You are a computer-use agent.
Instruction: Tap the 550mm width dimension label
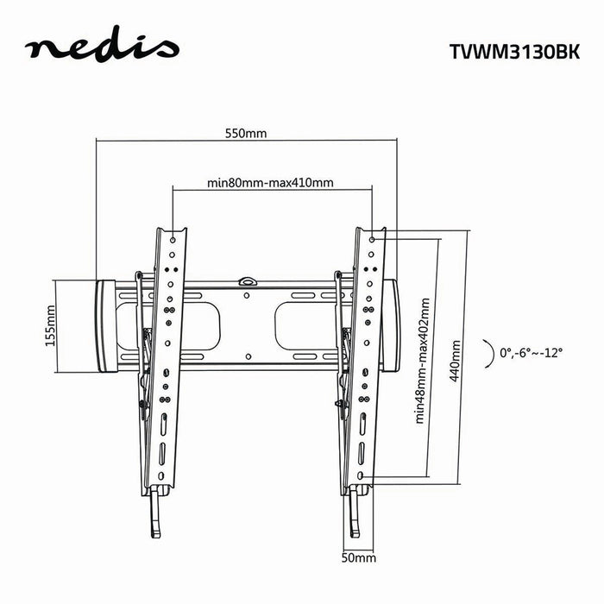(246, 134)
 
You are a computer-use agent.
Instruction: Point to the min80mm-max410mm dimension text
(271, 182)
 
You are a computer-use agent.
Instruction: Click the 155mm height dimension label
(49, 325)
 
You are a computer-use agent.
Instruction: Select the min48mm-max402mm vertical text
(422, 361)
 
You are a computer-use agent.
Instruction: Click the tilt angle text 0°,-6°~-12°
(531, 352)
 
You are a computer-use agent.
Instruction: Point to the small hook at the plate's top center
(248, 280)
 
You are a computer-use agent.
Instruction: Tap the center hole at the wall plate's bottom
(248, 355)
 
